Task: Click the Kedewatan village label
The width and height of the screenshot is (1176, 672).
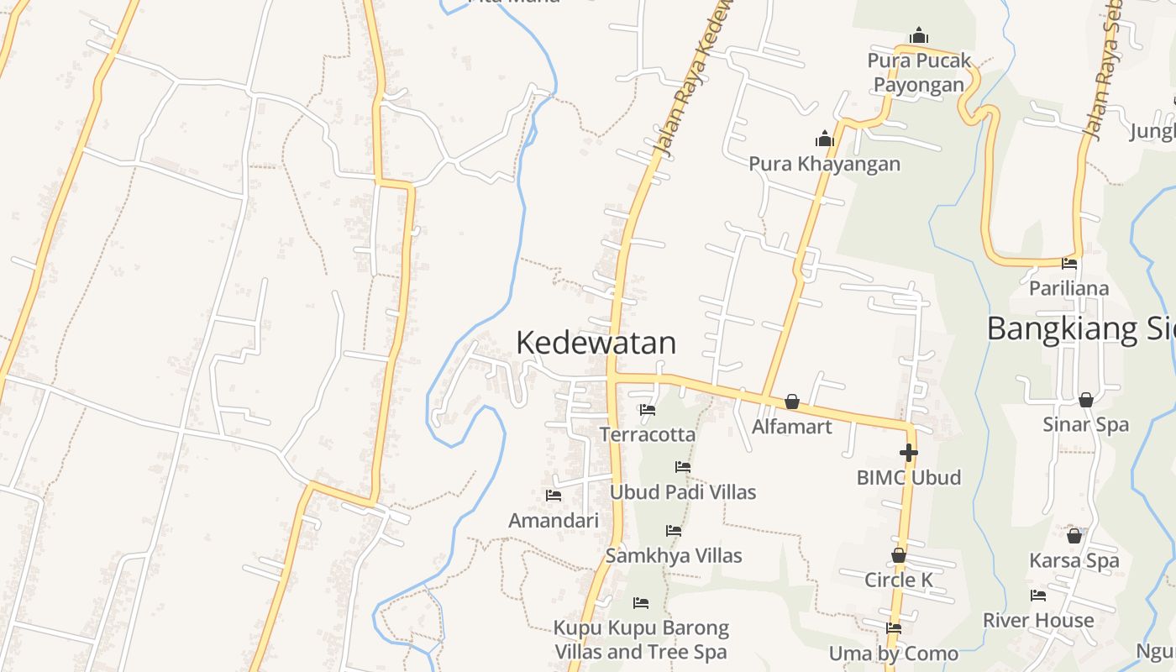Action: pos(596,343)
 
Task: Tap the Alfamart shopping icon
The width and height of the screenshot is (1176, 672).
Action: pos(791,402)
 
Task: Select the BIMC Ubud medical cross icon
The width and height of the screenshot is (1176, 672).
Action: pos(908,453)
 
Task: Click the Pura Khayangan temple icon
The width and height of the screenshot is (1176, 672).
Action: pos(824,139)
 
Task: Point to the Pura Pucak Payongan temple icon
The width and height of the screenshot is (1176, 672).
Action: pos(919,35)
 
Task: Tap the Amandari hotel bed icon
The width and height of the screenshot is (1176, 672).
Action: pos(553,496)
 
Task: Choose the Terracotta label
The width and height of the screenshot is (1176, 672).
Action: pos(647,434)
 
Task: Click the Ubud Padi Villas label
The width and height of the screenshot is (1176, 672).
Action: pos(682,491)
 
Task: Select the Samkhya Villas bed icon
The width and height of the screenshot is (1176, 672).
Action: pos(673,531)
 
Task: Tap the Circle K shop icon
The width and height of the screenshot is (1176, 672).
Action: pos(898,556)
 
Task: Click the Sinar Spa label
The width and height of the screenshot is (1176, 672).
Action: pos(1085,424)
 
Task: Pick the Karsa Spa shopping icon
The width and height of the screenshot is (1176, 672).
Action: pos(1074,536)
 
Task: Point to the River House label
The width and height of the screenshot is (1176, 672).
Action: pos(1038,620)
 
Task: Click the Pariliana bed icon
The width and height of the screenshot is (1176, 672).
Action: pos(1069,264)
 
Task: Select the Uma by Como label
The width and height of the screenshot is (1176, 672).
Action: pos(893,654)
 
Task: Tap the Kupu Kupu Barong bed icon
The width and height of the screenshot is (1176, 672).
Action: pos(640,603)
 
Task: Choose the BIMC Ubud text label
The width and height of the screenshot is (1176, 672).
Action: pos(908,477)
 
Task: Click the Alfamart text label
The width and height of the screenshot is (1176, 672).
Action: pos(791,427)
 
